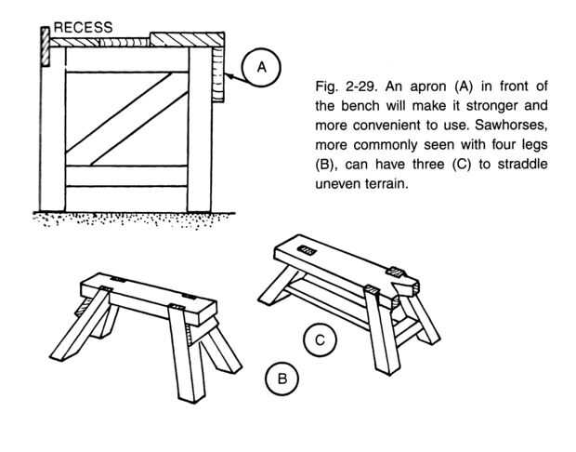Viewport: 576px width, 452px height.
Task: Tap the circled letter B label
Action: [281, 379]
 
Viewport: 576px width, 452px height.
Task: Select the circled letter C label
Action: [320, 340]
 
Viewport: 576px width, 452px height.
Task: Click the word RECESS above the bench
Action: [82, 29]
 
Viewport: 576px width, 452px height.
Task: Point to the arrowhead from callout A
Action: [229, 83]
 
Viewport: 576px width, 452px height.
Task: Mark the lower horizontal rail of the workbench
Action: [128, 174]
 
